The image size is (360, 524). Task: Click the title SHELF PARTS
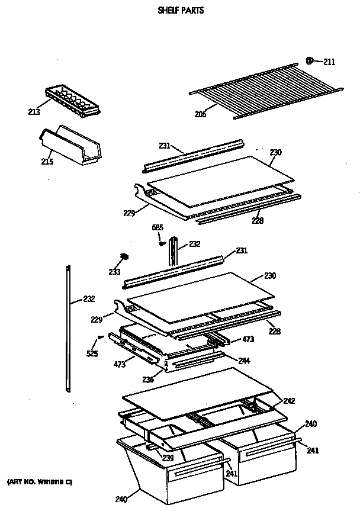point(181,10)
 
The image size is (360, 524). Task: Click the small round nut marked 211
point(310,60)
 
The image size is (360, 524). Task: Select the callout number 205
point(201,114)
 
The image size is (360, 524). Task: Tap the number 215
point(47,161)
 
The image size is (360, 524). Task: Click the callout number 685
point(156,227)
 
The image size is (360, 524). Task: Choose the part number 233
point(114,272)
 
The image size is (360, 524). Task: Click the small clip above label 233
point(124,256)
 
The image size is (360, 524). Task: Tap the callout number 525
point(92,354)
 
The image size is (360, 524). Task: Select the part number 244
point(244,360)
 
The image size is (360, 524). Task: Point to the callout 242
point(288,401)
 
